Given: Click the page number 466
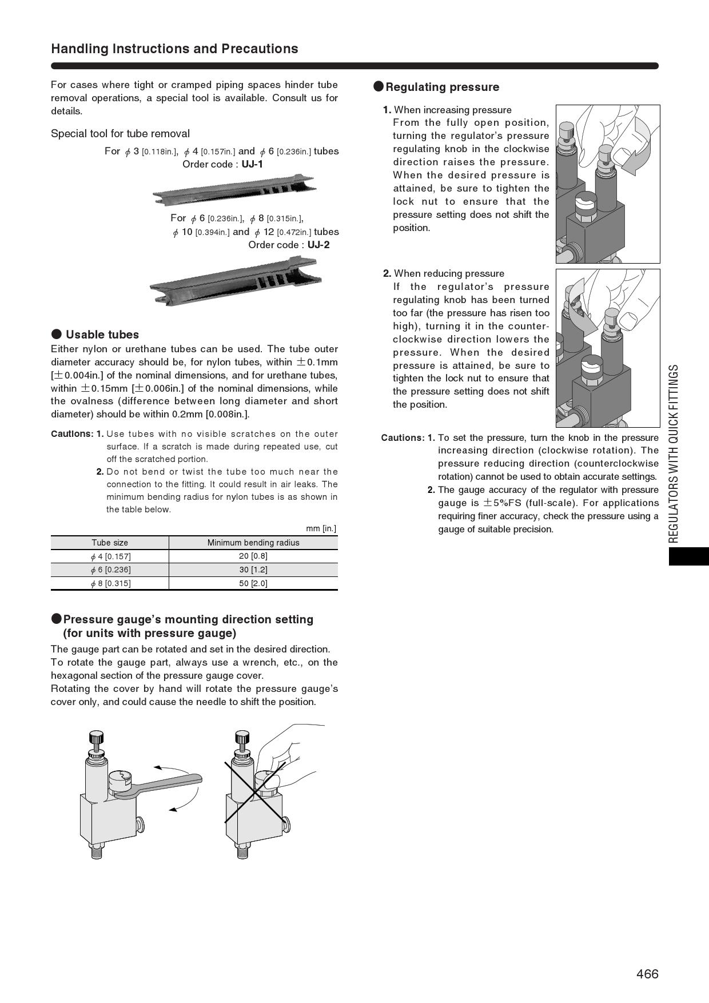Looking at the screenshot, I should pyautogui.click(x=647, y=974).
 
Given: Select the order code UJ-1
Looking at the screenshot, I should pyautogui.click(x=252, y=164).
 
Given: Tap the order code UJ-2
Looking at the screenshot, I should pyautogui.click(x=318, y=245).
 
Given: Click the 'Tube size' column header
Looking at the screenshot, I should pyautogui.click(x=110, y=543).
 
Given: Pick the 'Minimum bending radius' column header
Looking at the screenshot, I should pyautogui.click(x=253, y=543).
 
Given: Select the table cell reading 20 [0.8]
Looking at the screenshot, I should pyautogui.click(x=253, y=556).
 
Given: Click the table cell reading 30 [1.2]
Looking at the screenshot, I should pyautogui.click(x=253, y=570).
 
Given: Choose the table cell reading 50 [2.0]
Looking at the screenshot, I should pyautogui.click(x=253, y=583).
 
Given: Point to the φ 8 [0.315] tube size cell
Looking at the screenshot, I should pyautogui.click(x=110, y=583).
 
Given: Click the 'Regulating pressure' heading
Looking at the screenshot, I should pyautogui.click(x=442, y=87).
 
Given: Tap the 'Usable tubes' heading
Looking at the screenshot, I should pyautogui.click(x=102, y=335).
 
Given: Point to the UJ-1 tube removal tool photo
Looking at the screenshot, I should pyautogui.click(x=234, y=189).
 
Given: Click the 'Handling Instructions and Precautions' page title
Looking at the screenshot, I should pyautogui.click(x=174, y=49).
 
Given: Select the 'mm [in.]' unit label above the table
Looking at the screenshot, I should pyautogui.click(x=321, y=528).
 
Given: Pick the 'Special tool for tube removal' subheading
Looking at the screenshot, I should pyautogui.click(x=120, y=134).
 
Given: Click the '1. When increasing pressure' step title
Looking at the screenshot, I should pyautogui.click(x=447, y=110).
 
